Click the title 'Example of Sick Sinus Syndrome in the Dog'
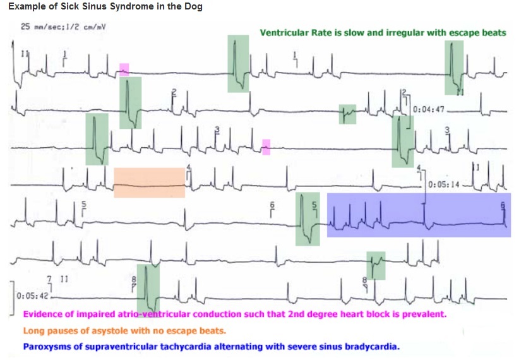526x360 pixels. pyautogui.click(x=106, y=6)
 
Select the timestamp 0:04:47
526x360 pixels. pyautogui.click(x=429, y=109)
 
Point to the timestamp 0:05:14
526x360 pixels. pyautogui.click(x=445, y=185)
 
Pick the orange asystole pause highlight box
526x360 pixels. pyautogui.click(x=149, y=183)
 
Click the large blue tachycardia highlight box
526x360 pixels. pyautogui.click(x=418, y=215)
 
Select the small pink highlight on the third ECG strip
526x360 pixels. pyautogui.click(x=266, y=147)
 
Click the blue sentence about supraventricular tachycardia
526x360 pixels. pyautogui.click(x=211, y=346)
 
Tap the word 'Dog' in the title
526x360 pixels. pyautogui.click(x=195, y=6)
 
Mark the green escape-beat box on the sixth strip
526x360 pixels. pyautogui.click(x=376, y=265)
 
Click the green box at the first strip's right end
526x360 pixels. pyautogui.click(x=453, y=66)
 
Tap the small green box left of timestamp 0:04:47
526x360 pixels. pyautogui.click(x=347, y=114)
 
